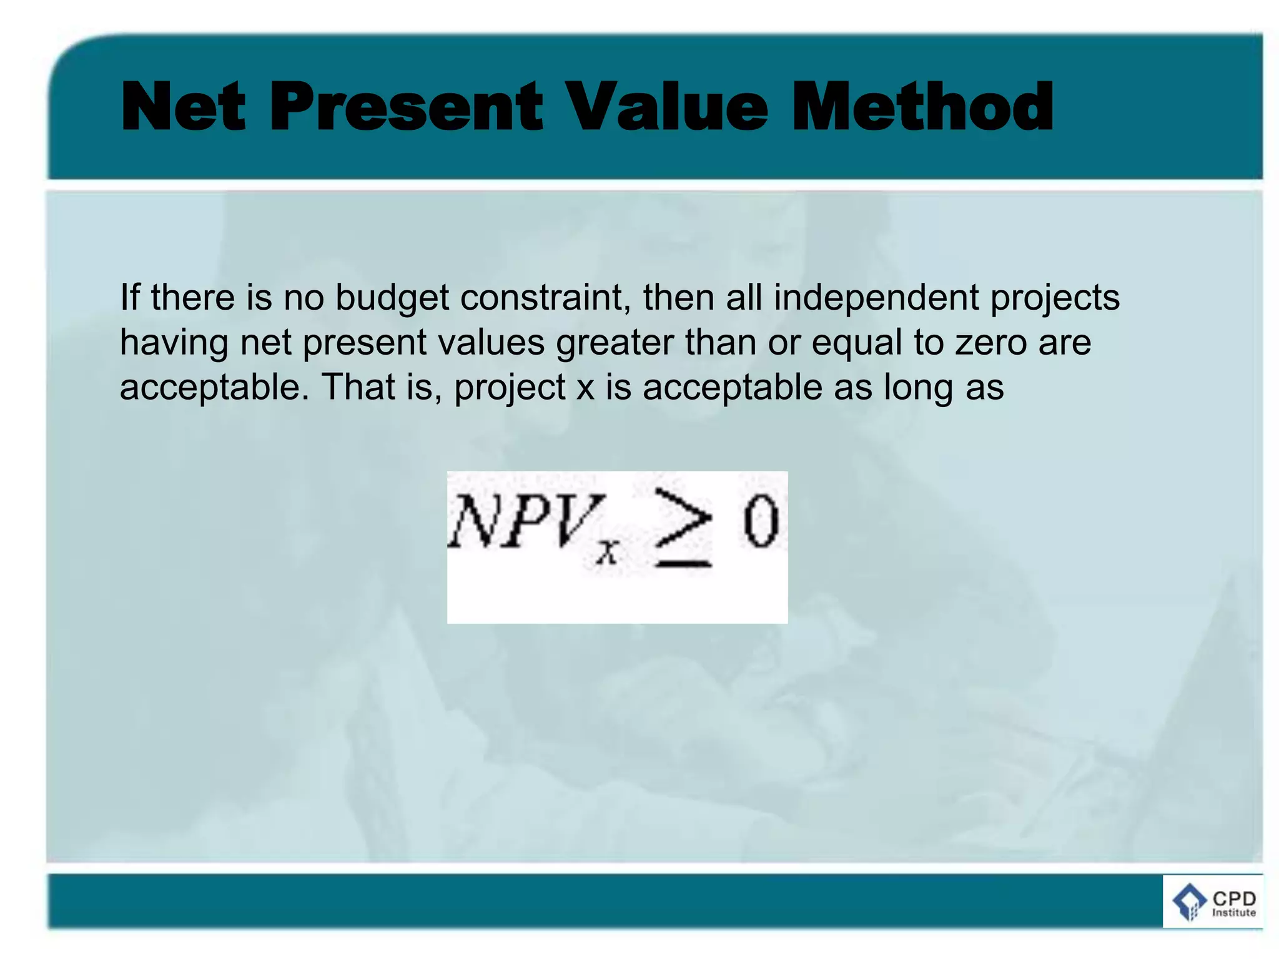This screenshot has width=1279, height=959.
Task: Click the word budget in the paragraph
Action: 392,298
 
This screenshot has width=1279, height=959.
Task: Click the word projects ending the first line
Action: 1055,298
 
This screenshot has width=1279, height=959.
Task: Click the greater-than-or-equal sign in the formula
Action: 683,528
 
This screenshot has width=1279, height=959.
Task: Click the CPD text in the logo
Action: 1234,898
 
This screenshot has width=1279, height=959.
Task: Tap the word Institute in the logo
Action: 1234,913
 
